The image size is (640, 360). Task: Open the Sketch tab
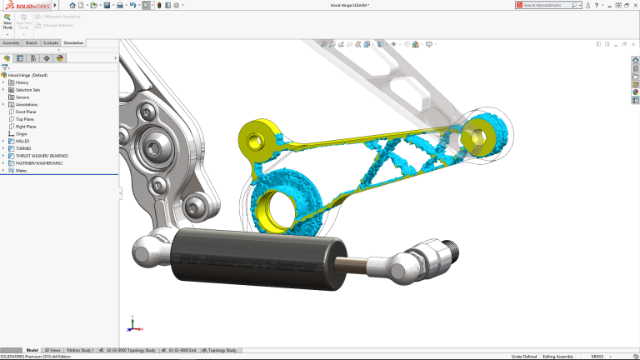click(32, 42)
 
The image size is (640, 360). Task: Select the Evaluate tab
click(51, 42)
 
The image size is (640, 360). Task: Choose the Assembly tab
click(11, 42)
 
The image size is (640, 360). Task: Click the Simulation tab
click(74, 42)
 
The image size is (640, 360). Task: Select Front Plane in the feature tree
click(26, 112)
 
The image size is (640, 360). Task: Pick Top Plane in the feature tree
click(24, 119)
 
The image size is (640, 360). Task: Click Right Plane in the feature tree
click(26, 127)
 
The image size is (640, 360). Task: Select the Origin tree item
click(21, 133)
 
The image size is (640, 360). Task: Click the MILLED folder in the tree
click(22, 141)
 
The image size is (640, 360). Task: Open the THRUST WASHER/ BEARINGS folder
click(42, 156)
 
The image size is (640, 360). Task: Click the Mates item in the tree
click(21, 171)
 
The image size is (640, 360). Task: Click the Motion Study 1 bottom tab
click(81, 351)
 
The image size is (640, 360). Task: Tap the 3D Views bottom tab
click(52, 351)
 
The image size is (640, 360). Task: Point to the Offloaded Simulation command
click(61, 17)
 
